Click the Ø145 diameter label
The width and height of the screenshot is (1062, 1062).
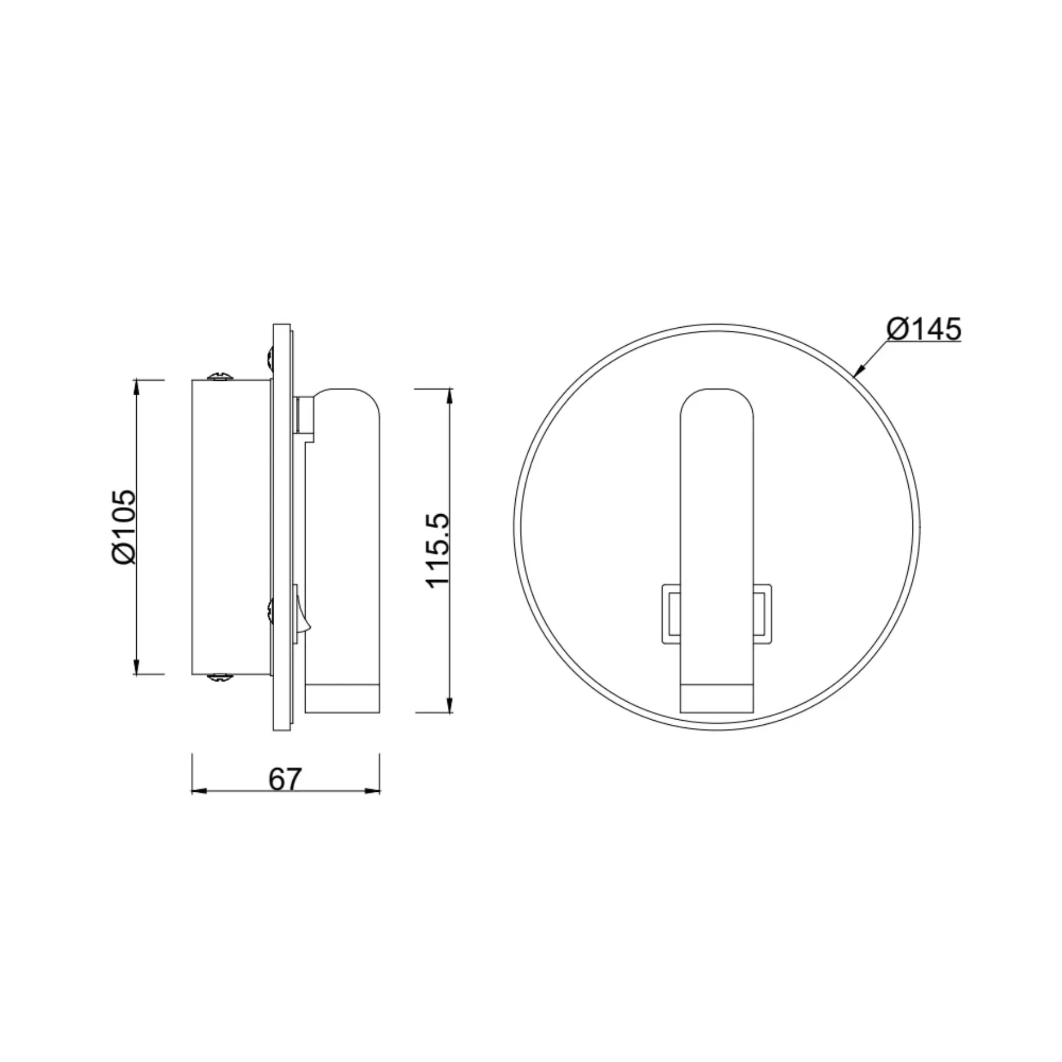[x=923, y=330]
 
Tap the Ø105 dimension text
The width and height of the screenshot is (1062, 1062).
[x=124, y=527]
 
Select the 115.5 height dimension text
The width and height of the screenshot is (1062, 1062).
[x=438, y=550]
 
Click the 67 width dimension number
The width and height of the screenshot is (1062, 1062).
[x=285, y=779]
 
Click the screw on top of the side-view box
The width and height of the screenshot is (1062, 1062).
[x=221, y=377]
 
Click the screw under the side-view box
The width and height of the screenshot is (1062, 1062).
[x=221, y=677]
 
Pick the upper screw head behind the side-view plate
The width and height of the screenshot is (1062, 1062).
[x=270, y=358]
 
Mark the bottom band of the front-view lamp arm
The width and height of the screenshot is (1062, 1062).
[x=717, y=699]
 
